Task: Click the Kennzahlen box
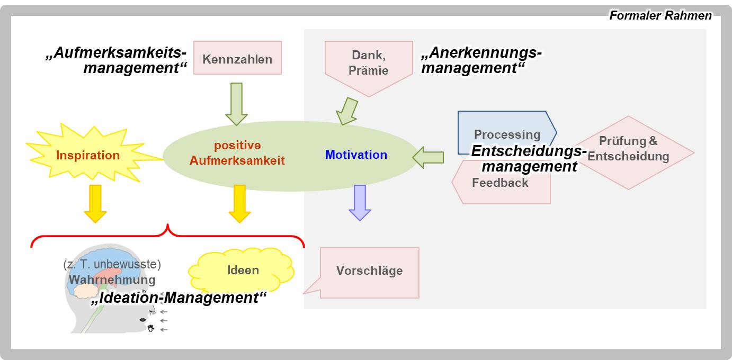pyautogui.click(x=237, y=58)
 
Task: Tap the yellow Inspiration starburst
pyautogui.click(x=88, y=155)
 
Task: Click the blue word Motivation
pyautogui.click(x=356, y=155)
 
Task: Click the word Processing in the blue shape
pyautogui.click(x=507, y=134)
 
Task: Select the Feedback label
pyautogui.click(x=500, y=183)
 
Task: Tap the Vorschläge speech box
pyautogui.click(x=369, y=271)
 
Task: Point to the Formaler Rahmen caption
pyautogui.click(x=660, y=15)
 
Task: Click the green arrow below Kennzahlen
pyautogui.click(x=236, y=103)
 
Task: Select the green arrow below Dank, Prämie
pyautogui.click(x=347, y=111)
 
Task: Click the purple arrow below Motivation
pyautogui.click(x=360, y=202)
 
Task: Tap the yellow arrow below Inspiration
pyautogui.click(x=95, y=203)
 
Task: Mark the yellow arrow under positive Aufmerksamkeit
pyautogui.click(x=239, y=203)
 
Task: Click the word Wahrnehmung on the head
pyautogui.click(x=112, y=280)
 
